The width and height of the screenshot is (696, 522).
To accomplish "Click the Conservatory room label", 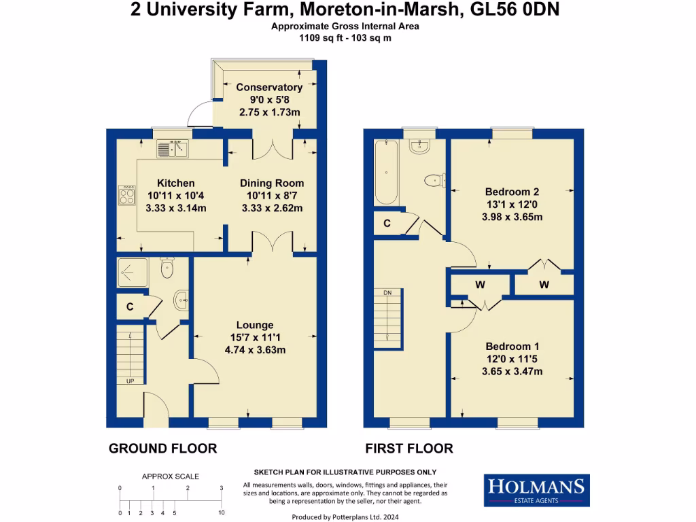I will pos(268,88).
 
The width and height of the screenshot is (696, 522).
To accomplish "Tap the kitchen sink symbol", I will pos(173,148).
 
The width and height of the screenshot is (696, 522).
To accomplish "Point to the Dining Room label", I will pos(272,184).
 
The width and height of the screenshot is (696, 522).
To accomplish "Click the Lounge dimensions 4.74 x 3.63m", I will pos(255,350).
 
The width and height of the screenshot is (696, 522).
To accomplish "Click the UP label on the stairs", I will pos(130,381).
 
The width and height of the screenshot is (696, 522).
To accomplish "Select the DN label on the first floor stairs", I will pos(387,292).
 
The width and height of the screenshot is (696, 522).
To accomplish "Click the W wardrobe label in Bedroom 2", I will pos(544,284).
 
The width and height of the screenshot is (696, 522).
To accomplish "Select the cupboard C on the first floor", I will pos(387,223).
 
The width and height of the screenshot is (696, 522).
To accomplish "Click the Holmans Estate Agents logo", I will pos(536,490).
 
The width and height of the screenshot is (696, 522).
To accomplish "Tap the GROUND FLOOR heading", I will pos(163,449).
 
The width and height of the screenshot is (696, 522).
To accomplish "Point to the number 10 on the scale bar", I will pos(221,512).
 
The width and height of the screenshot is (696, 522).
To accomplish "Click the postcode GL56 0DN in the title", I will pos(515,10).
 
